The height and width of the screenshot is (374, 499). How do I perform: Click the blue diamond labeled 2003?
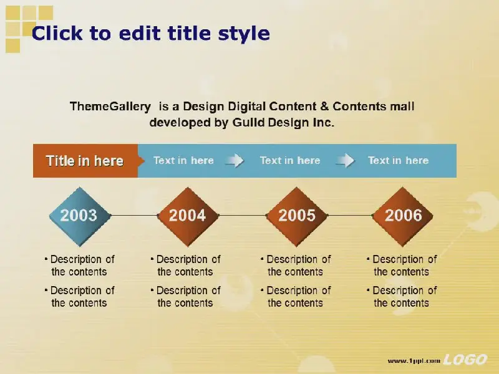click(80, 216)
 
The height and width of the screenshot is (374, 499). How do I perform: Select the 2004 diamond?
click(188, 216)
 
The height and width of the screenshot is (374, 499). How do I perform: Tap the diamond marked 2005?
click(297, 216)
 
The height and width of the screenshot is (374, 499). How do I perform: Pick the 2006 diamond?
click(403, 216)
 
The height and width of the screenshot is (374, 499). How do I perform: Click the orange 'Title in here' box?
click(86, 161)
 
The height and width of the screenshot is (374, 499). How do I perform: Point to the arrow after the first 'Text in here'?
click(235, 160)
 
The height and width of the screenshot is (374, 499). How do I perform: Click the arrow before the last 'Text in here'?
click(345, 160)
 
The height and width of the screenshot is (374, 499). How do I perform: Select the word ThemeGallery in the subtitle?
click(110, 107)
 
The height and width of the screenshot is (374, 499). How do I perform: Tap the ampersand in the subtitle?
click(324, 106)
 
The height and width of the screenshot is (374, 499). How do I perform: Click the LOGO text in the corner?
click(465, 360)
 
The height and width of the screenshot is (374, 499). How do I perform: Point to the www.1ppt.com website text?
click(414, 361)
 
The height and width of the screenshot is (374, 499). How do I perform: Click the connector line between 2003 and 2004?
click(134, 215)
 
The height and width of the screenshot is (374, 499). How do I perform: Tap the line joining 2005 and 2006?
click(350, 215)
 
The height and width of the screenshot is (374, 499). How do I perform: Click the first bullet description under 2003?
click(80, 266)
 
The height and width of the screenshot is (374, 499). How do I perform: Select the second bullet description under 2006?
click(402, 297)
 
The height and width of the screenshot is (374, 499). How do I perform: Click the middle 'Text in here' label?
click(290, 160)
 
